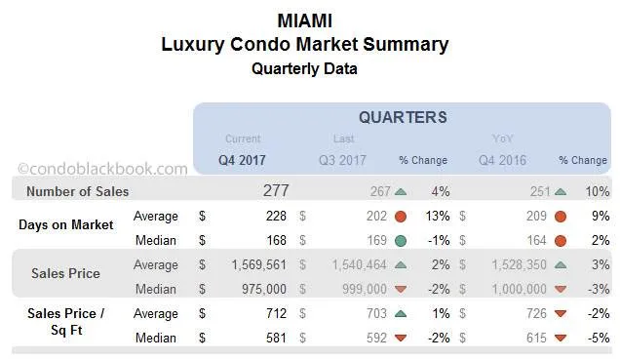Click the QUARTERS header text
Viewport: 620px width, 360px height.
[403, 117]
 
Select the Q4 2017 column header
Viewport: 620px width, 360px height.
[243, 159]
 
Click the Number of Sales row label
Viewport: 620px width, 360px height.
[78, 191]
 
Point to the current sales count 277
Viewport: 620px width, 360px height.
[276, 190]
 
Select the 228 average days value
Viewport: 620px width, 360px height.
[275, 216]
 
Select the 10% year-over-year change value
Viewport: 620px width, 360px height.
[598, 191]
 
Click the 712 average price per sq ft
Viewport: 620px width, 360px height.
[275, 312]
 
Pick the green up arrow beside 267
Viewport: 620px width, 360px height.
[400, 191]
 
